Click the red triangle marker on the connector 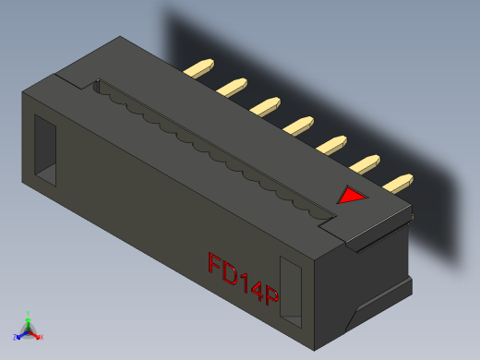pyautogui.click(x=352, y=196)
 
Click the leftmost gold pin pyautogui.click(x=199, y=67)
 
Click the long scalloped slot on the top pyautogui.click(x=212, y=148)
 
